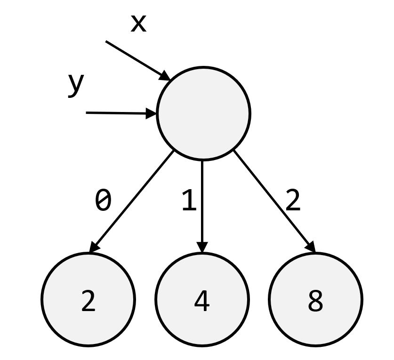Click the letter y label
[75, 85]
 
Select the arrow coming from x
[137, 59]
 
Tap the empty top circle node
[203, 113]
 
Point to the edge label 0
[103, 201]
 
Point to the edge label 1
[188, 201]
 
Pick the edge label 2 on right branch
[292, 201]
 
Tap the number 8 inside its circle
[315, 302]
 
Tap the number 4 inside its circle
[202, 302]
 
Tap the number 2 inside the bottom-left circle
[88, 302]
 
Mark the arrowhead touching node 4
[202, 248]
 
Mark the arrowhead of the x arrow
[166, 76]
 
